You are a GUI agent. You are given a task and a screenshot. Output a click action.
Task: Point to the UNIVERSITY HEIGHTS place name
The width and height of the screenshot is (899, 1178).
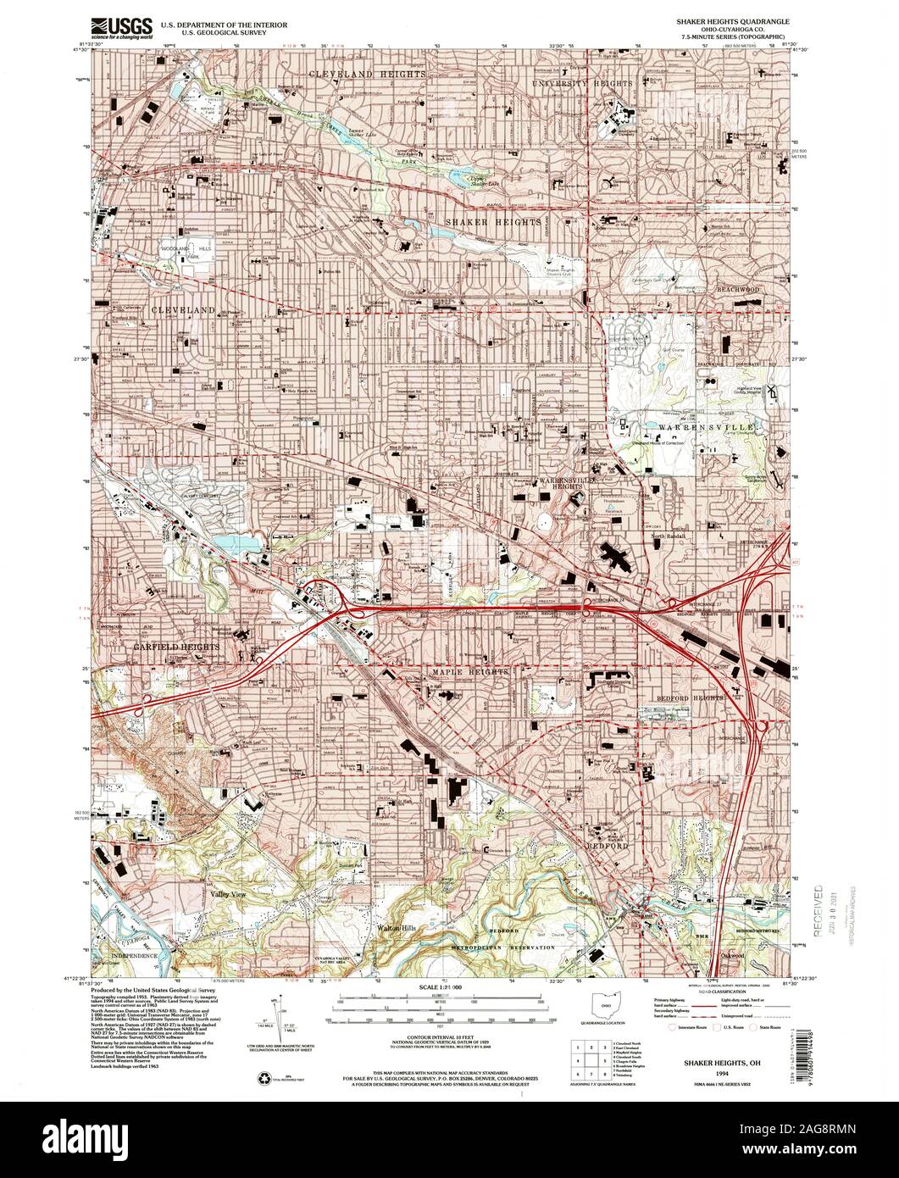pos(582,85)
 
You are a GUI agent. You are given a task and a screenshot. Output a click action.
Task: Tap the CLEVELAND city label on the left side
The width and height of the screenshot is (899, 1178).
pos(183,311)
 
